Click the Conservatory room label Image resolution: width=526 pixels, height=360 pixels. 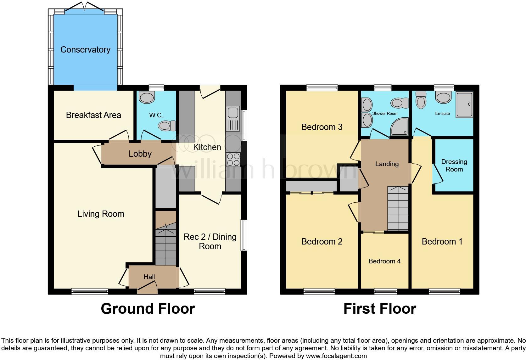point(85,50)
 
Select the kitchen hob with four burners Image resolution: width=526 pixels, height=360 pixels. point(233,159)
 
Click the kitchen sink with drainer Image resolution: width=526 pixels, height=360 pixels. point(233,119)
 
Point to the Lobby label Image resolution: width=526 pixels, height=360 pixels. point(140,154)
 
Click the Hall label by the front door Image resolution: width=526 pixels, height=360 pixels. point(149,277)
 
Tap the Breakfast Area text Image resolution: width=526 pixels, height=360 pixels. point(93,115)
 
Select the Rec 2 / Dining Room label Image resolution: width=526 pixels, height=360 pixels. point(210,241)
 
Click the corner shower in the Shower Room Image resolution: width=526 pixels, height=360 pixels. point(399,127)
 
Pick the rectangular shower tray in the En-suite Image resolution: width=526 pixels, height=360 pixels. point(464,105)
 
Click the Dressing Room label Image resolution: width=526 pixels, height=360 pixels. point(454,166)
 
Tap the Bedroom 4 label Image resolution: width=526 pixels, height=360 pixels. point(384,261)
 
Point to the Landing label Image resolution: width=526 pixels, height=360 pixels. point(387,164)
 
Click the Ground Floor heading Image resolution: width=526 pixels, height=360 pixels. point(148,309)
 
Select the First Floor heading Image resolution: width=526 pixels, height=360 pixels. point(380,309)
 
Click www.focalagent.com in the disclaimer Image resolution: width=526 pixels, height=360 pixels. point(336,356)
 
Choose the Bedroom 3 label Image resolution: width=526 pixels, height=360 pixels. point(322,127)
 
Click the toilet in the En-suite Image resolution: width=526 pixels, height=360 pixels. point(421,100)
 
